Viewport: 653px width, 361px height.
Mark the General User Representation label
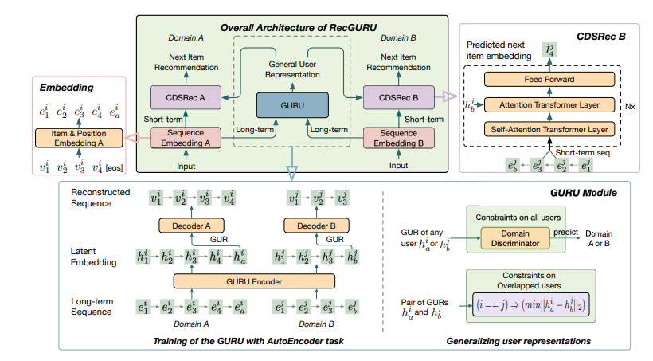[x=290, y=69]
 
